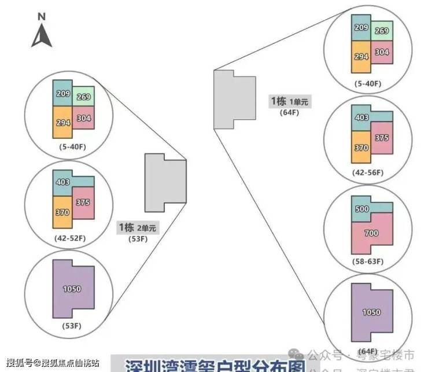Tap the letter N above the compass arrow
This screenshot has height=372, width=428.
[x=42, y=17]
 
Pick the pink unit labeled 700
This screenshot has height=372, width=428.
[x=372, y=234]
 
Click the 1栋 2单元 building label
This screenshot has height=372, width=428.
[x=137, y=227]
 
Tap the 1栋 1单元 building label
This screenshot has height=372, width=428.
[x=290, y=101]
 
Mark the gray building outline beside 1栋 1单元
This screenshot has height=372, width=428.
[x=234, y=99]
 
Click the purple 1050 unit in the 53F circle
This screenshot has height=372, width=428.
[x=72, y=289]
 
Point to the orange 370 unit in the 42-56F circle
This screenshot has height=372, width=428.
[x=361, y=148]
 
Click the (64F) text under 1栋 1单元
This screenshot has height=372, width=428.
[x=289, y=112]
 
